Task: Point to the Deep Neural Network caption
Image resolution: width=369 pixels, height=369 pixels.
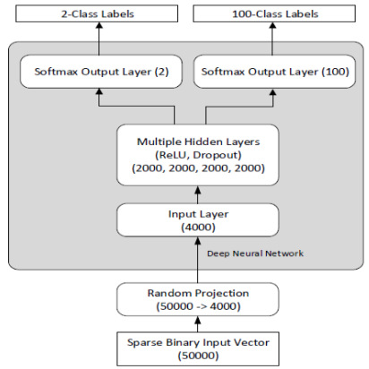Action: click(254, 253)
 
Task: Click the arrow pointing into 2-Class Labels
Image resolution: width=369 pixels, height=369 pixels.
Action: click(93, 38)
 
